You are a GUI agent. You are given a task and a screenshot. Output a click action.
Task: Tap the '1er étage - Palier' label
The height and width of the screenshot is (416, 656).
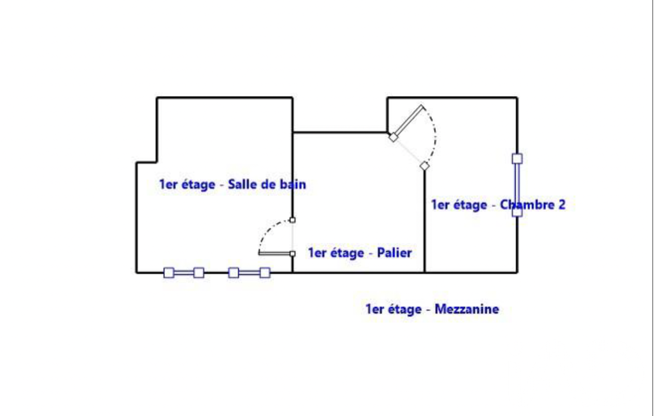(360, 253)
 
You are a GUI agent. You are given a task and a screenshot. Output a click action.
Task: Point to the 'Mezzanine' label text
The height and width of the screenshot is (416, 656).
(467, 309)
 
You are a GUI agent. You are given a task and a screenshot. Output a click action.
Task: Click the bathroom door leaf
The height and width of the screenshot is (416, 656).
(275, 253)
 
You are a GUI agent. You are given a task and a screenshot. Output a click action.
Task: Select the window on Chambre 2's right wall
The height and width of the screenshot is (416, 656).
(517, 185)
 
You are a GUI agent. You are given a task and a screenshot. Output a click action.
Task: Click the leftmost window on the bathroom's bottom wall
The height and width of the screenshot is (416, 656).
(184, 273)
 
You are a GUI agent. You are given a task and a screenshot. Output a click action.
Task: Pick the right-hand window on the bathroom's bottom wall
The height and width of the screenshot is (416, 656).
(249, 273)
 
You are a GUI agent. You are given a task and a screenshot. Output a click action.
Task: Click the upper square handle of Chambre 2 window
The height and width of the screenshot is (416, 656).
(517, 159)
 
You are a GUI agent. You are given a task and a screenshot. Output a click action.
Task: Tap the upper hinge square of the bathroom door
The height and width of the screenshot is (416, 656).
(292, 220)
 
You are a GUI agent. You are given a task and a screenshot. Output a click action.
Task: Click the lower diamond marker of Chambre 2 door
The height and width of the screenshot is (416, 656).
(425, 166)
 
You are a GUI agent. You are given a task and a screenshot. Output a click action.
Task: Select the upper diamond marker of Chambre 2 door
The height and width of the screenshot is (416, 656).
(393, 137)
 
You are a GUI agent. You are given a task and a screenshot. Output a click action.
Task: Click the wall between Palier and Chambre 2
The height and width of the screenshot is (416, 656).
(425, 220)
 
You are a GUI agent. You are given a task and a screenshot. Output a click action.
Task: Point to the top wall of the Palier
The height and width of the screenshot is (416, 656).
(340, 132)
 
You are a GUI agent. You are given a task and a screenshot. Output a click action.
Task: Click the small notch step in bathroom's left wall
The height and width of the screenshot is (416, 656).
(147, 163)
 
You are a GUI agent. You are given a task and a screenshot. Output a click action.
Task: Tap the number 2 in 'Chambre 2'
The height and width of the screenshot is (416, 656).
(562, 205)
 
